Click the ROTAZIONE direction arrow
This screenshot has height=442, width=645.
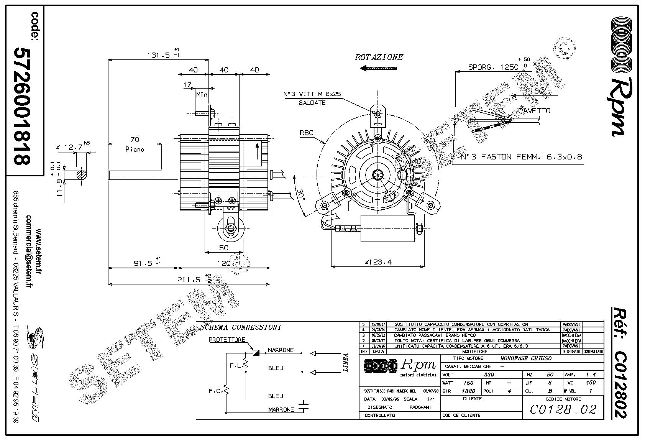[379, 68]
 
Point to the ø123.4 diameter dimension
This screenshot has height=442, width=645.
[378, 262]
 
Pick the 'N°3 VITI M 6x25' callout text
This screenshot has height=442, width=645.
[312, 94]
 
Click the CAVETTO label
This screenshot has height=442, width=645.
[534, 111]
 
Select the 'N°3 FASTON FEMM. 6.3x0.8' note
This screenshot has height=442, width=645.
[522, 157]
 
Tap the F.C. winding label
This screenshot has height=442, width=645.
[215, 391]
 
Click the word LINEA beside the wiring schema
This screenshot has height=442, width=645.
[345, 362]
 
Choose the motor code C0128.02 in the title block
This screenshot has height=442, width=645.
[563, 409]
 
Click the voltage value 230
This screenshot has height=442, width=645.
[489, 375]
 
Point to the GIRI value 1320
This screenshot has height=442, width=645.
[468, 391]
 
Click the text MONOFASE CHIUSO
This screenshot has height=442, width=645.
[526, 358]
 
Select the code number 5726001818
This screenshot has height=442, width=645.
[22, 106]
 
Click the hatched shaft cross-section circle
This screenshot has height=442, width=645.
[81, 175]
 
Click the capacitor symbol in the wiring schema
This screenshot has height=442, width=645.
[305, 406]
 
